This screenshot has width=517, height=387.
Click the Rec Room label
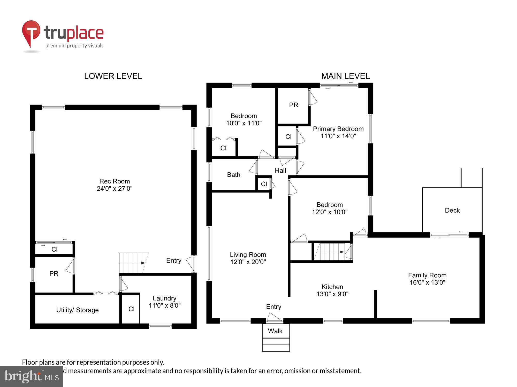[x=115, y=181]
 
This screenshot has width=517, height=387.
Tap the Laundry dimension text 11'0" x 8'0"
[x=164, y=305]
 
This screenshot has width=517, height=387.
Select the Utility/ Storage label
[x=77, y=310]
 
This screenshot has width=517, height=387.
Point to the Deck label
[x=452, y=210]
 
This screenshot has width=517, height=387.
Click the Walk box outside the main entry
[x=275, y=331]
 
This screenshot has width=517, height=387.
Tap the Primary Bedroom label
[x=338, y=129]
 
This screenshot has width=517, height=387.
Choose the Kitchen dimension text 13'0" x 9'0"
[x=332, y=294]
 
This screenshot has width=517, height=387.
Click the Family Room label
[x=427, y=275]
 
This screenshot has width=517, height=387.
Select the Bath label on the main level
[x=234, y=175]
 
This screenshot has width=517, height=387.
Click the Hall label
[x=280, y=171]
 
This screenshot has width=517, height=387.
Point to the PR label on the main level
[x=293, y=105]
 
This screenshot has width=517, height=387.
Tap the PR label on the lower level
[x=54, y=273]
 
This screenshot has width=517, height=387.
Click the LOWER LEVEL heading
[x=113, y=76]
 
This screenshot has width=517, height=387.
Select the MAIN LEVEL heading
[x=345, y=76]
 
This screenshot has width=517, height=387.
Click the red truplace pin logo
[x=31, y=32]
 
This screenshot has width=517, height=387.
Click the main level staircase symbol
[x=329, y=252]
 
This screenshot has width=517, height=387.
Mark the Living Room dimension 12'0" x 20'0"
[x=248, y=262]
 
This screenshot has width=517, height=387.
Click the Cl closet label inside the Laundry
[x=131, y=309]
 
